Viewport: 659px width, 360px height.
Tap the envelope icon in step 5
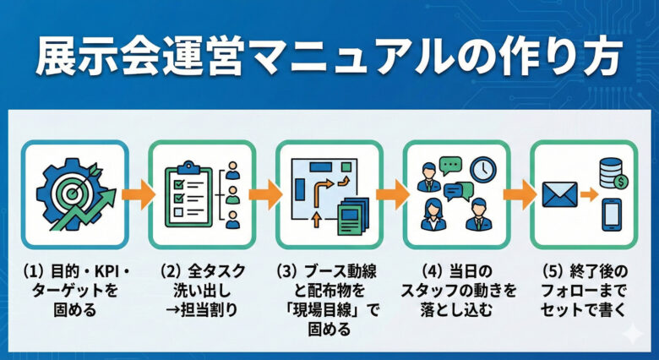559,194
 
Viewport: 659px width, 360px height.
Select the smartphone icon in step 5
612,215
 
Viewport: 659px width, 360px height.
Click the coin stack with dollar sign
612,173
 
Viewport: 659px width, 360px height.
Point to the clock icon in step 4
483,170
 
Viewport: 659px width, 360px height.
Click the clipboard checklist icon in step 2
188,194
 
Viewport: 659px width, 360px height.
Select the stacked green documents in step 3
353,215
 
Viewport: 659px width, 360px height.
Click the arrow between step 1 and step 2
139,194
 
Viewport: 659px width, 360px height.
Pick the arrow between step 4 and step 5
520,194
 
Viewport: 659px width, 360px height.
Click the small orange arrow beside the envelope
589,194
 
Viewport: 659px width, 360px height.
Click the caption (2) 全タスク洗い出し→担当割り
203,291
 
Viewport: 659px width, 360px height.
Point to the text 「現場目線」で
329,310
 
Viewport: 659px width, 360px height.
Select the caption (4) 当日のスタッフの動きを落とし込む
457,291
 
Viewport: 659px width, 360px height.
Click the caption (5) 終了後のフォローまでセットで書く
584,291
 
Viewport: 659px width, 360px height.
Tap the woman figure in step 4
433,215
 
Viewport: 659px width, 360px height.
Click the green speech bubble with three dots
450,166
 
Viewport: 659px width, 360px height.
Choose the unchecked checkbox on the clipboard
178,211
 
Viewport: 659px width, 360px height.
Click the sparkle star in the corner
633,334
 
